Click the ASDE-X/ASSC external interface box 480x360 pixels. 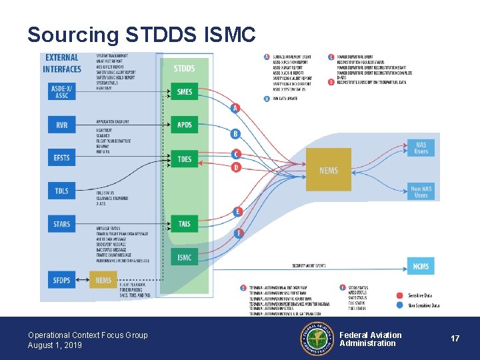coord(62,92)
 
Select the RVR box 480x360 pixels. coord(62,125)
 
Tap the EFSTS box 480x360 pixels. coord(62,158)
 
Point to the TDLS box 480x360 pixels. coord(62,191)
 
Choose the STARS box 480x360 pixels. coord(62,224)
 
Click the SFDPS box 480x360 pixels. coord(62,281)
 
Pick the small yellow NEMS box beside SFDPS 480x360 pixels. coord(103,281)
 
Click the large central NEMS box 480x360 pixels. coord(328,171)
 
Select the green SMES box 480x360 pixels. coord(184,92)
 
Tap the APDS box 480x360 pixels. coord(184,125)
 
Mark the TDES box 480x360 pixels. coord(184,159)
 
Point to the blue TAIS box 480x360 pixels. coord(184,224)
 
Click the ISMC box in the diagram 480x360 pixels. coord(184,257)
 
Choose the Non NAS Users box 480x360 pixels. coord(421,192)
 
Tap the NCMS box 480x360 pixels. coord(421,266)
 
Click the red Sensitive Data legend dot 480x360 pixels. coord(400,295)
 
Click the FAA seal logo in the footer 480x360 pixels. coord(317,339)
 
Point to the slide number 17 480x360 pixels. coord(455,339)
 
